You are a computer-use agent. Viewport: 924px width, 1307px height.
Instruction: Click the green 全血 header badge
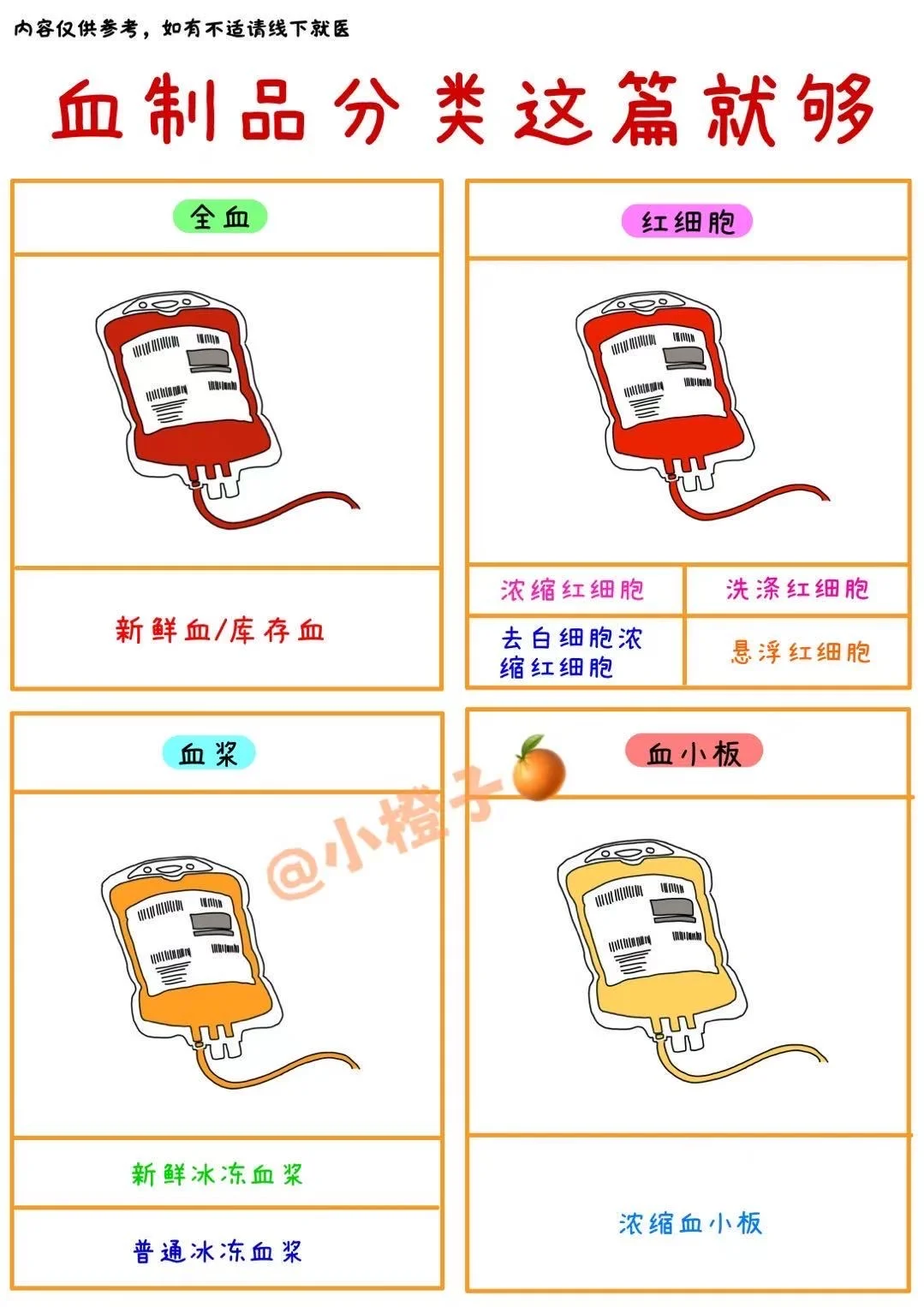pos(220,217)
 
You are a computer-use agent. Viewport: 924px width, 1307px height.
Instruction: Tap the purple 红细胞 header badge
pos(687,221)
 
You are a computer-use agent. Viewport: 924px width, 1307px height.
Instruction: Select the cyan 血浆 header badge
pos(209,752)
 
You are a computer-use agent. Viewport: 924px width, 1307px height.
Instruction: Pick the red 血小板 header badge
pos(694,751)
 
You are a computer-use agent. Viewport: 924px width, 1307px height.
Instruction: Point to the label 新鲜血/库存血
pos(219,631)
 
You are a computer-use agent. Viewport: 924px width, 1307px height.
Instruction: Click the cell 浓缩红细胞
pos(572,590)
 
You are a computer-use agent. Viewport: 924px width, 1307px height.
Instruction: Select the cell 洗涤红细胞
pos(797,590)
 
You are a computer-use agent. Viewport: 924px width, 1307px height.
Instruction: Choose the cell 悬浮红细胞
pos(800,652)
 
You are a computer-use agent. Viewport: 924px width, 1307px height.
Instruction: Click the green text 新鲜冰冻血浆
pos(218,1173)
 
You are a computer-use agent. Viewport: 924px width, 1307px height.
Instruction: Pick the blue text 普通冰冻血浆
pos(218,1251)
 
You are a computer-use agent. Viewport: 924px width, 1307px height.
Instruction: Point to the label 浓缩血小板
pos(690,1222)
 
